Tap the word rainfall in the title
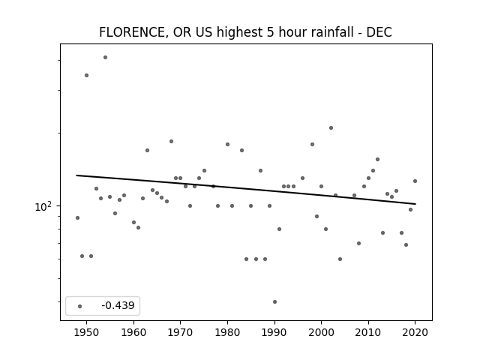tap(331, 32)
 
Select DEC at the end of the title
tap(379, 32)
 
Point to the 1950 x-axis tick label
tap(87, 332)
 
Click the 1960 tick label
tap(133, 332)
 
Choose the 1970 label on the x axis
tap(180, 332)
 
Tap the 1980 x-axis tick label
tap(227, 332)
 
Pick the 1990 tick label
tap(274, 332)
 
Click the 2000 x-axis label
tap(321, 332)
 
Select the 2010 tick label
tap(368, 332)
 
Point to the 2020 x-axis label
tap(415, 332)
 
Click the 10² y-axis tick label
tap(43, 207)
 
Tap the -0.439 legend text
tap(118, 305)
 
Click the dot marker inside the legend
tap(80, 306)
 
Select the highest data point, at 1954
tap(105, 57)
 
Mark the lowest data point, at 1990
tap(274, 301)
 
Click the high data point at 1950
tap(87, 75)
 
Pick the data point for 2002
tap(331, 128)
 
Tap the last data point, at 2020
tap(415, 181)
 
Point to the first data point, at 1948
tap(77, 218)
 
